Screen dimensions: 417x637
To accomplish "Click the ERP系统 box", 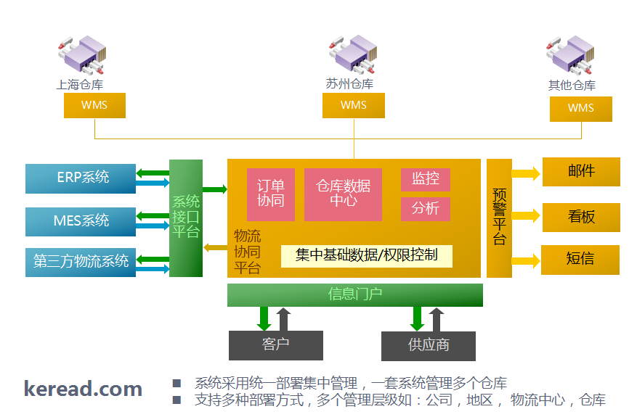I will point(80,178).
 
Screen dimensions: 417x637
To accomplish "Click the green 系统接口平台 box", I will point(186,218).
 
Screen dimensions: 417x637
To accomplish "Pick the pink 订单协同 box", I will point(271,194).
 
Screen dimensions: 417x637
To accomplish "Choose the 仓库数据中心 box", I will point(343,194).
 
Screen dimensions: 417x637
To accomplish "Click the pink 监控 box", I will point(426,179).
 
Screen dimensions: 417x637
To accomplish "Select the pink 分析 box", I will point(426,209).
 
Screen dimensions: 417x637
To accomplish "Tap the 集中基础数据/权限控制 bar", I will point(367,255).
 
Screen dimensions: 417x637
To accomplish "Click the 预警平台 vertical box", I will point(499,218).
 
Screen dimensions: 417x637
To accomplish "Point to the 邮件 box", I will point(581,172).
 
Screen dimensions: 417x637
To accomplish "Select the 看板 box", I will point(581,217).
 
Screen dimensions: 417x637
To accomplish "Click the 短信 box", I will point(581,260).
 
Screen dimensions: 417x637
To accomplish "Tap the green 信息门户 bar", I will point(355,294).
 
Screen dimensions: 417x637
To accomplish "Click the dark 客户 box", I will point(276,345).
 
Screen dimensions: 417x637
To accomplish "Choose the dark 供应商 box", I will point(429,345).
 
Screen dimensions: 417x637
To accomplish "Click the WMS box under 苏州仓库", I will point(354,105).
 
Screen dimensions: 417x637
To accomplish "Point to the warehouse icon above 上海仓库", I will point(80,54).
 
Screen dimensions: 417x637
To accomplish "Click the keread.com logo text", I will point(83,389).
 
